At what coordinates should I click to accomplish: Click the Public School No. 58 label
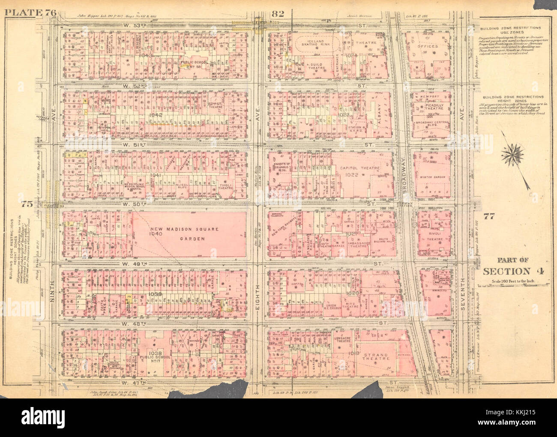point(194,62)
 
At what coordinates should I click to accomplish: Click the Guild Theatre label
point(319,65)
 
